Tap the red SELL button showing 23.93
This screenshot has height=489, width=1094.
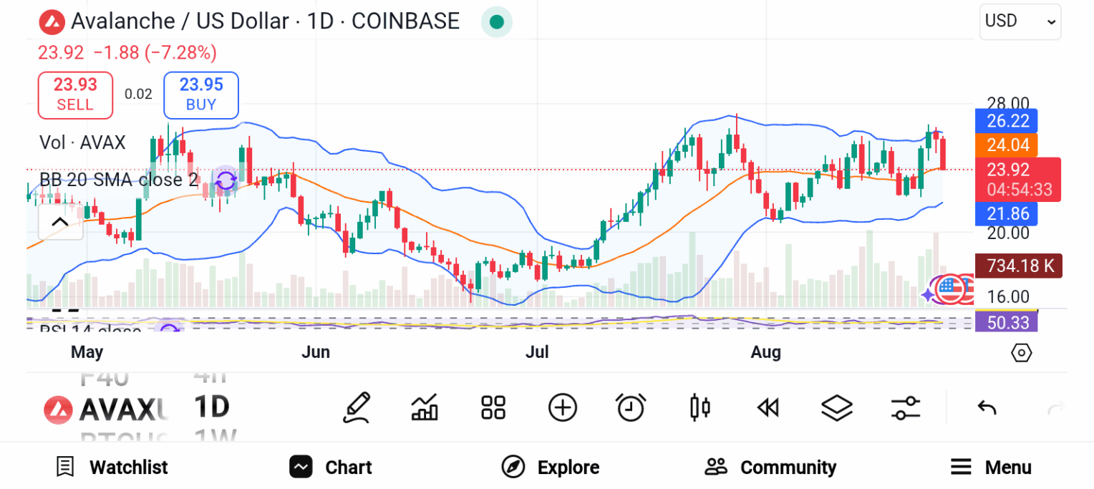point(75,95)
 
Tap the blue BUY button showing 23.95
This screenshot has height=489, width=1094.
point(201,95)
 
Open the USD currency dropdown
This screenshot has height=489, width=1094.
point(1020,21)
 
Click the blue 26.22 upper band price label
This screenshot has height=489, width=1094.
point(1007,122)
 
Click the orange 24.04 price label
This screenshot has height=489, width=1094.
point(1007,146)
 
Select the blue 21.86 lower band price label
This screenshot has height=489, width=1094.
point(1007,213)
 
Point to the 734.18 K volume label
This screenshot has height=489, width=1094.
point(1018,266)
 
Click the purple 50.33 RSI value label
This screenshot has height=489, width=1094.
point(1007,323)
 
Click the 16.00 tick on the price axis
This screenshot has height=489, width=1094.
point(1008,296)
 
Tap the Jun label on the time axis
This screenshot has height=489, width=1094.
point(316,352)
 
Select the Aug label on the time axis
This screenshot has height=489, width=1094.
point(765,352)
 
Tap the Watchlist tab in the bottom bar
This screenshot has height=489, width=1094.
point(112,468)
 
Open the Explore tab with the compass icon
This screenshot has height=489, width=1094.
point(551,468)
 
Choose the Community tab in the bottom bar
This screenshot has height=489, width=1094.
point(770,468)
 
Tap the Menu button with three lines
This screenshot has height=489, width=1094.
point(991,468)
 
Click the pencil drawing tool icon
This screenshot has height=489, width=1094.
point(356,408)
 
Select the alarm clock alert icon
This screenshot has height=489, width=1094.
point(631,408)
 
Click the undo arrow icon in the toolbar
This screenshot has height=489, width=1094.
point(987,408)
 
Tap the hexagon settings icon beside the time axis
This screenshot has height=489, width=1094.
point(1022,353)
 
